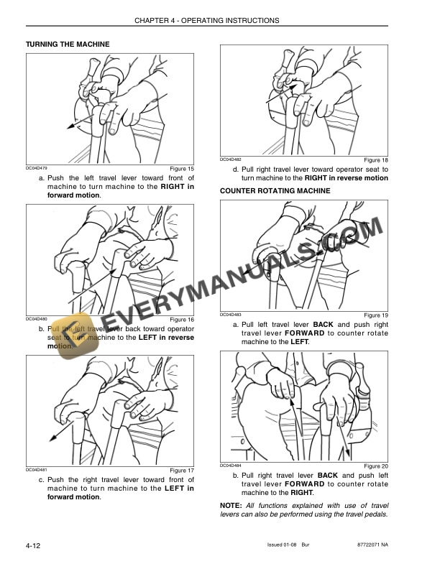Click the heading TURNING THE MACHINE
click(68, 45)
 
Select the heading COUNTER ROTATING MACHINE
click(275, 191)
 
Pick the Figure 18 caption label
click(375, 159)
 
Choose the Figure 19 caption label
click(375, 315)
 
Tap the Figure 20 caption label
click(375, 466)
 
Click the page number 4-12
click(32, 547)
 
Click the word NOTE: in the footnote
click(232, 505)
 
